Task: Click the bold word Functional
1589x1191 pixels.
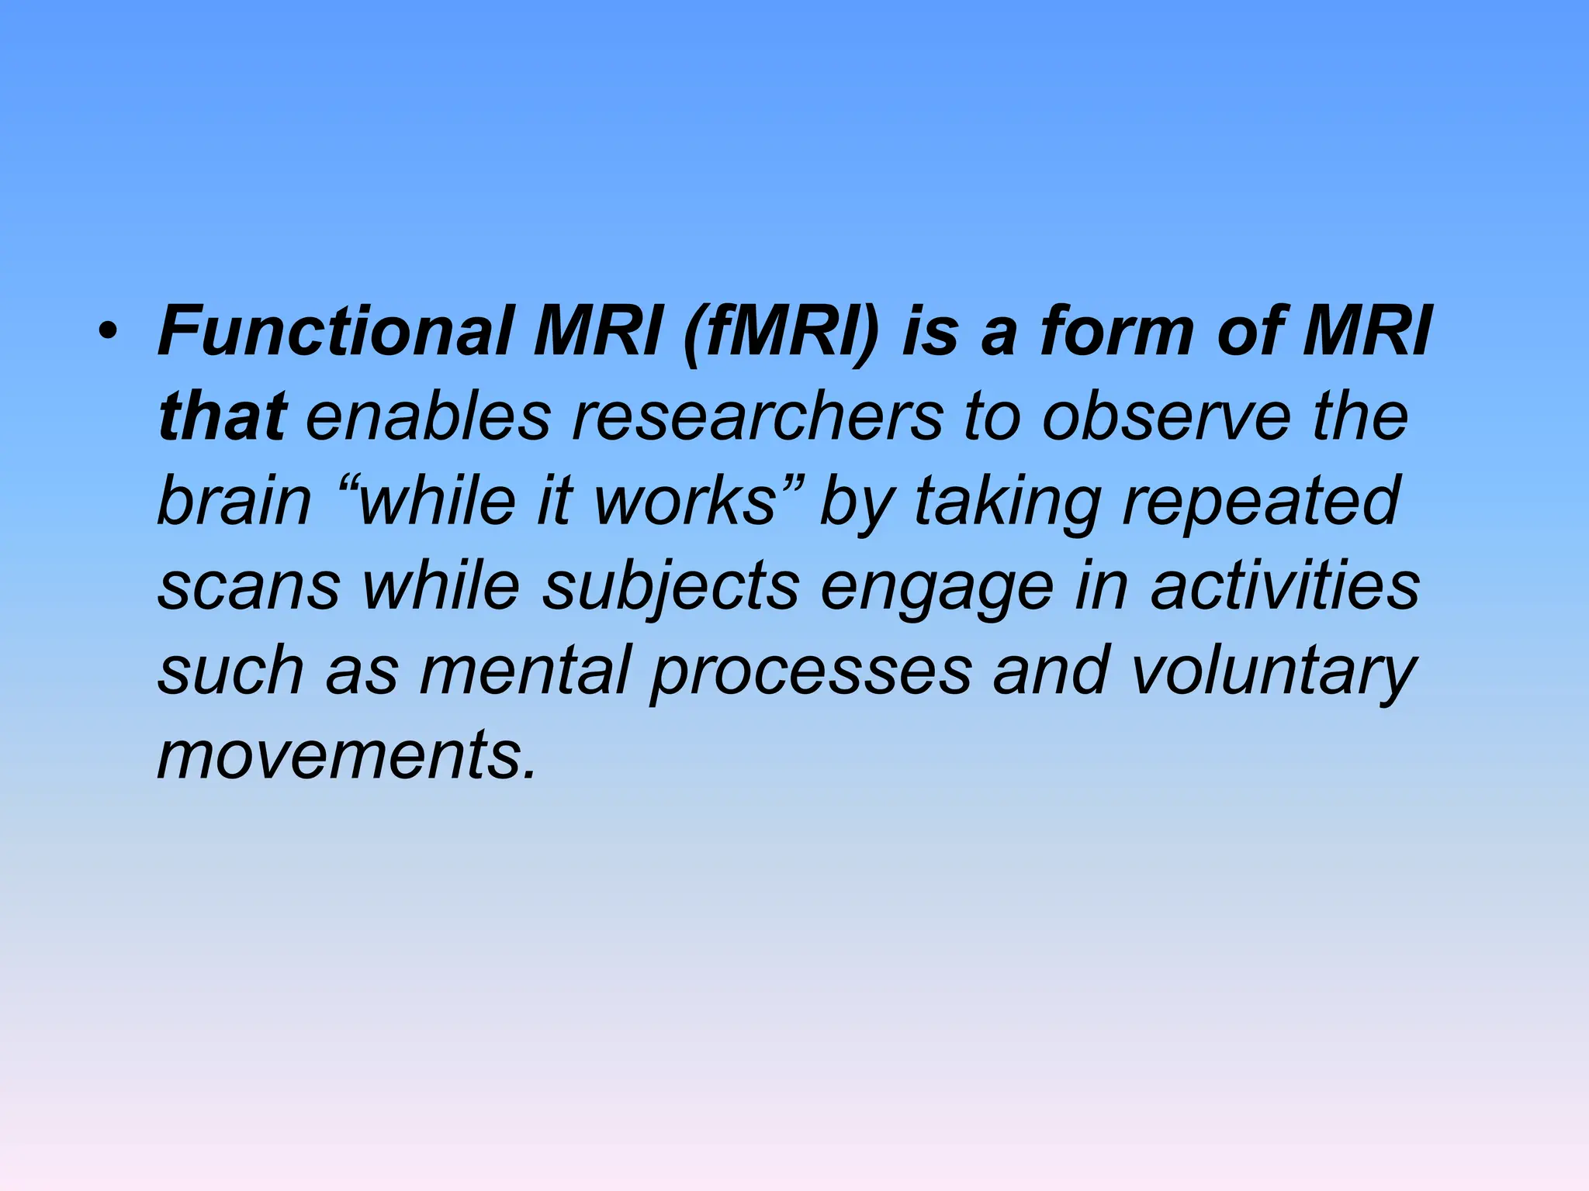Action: [334, 332]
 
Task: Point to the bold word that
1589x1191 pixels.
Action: [223, 416]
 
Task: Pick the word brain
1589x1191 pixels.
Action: [234, 501]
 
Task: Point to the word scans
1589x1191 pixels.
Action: [249, 586]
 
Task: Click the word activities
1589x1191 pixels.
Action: [1285, 585]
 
